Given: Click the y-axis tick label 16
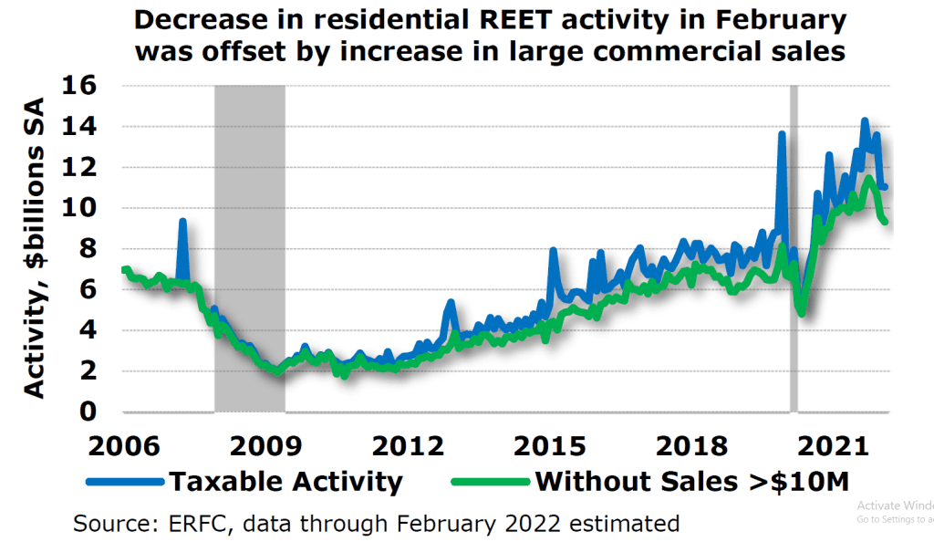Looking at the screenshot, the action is pyautogui.click(x=78, y=85).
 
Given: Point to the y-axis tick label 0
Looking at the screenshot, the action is pyautogui.click(x=88, y=412).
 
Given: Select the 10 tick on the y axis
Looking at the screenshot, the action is pyautogui.click(x=78, y=208).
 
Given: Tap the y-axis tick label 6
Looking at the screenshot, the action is pyautogui.click(x=88, y=289).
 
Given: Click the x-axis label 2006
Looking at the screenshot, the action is pyautogui.click(x=124, y=446).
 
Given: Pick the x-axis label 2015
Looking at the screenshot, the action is pyautogui.click(x=549, y=446).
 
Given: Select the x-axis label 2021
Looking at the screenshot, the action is pyautogui.click(x=834, y=446).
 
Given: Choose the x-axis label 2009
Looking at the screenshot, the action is pyautogui.click(x=265, y=446).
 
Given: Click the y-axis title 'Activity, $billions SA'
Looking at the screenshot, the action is pyautogui.click(x=34, y=248).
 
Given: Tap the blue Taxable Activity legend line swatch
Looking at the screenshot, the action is pyautogui.click(x=125, y=482).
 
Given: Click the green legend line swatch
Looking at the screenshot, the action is pyautogui.click(x=491, y=482).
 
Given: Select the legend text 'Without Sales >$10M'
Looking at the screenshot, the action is pyautogui.click(x=692, y=482).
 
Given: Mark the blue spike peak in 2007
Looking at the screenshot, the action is pyautogui.click(x=182, y=221).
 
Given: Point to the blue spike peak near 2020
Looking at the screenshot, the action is pyautogui.click(x=782, y=133).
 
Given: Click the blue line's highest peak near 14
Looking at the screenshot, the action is pyautogui.click(x=865, y=120).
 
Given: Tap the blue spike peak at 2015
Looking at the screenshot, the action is pyautogui.click(x=553, y=250).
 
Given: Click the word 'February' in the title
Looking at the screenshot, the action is pyautogui.click(x=781, y=21).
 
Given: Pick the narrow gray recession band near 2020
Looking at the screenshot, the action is pyautogui.click(x=794, y=248).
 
